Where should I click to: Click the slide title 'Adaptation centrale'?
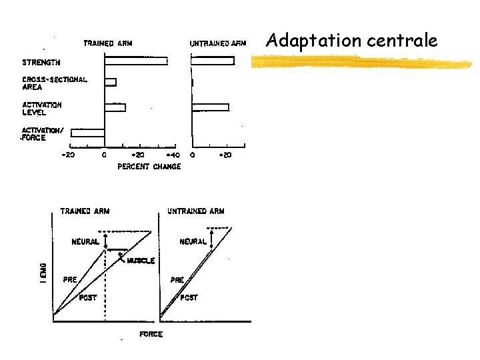351,41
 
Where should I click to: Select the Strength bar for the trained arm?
135,61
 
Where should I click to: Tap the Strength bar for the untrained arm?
213,61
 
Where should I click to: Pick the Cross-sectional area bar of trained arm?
110,83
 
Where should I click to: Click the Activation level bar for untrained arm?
210,107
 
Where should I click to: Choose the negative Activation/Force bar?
87,133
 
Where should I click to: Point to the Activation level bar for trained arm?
115,107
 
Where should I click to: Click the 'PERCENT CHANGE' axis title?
149,166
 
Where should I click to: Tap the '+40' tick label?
172,155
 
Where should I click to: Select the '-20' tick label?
67,155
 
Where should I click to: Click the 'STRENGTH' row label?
41,62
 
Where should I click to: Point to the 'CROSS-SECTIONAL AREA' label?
54,83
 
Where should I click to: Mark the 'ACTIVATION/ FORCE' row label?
43,134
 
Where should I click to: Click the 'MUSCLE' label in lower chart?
141,261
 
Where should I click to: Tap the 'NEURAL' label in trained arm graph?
86,242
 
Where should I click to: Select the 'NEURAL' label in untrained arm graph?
193,242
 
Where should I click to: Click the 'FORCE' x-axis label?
151,333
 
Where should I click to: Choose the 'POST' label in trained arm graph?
88,297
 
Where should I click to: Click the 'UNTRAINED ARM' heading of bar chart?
218,44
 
